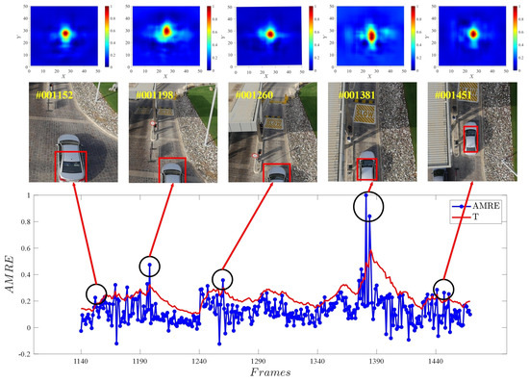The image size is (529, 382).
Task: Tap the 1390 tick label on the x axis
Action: point(376,361)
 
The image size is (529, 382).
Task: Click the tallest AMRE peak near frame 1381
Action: point(365,196)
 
